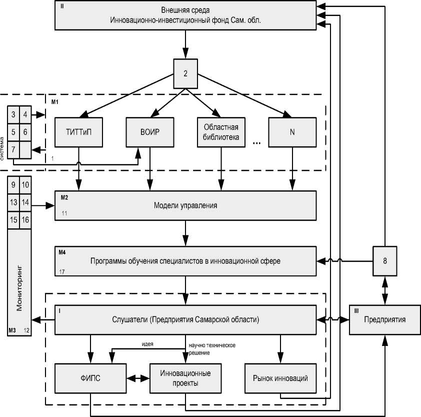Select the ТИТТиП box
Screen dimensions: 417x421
(78, 132)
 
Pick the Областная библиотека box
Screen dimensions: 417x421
(221, 132)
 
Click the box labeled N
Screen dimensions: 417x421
(292, 132)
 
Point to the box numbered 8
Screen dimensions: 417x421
(384, 260)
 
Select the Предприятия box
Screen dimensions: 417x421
(384, 319)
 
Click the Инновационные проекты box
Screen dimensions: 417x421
(185, 379)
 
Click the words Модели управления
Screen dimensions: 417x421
(185, 205)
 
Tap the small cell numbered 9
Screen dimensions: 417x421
(13, 185)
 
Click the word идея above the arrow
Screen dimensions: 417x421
(146, 344)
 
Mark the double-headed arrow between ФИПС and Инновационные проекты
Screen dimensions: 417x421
(138, 379)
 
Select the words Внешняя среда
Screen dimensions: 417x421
(185, 10)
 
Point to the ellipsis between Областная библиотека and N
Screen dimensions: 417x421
(257, 143)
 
